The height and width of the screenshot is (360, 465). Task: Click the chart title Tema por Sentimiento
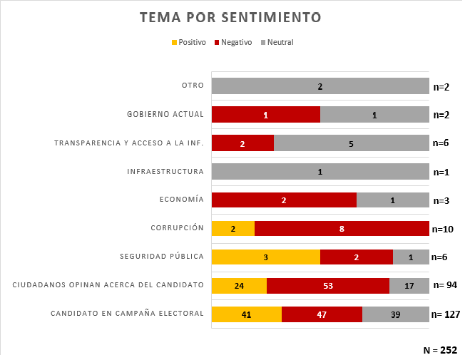[x=230, y=17]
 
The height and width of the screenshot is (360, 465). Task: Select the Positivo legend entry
[x=189, y=42]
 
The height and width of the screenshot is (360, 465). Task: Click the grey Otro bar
[x=320, y=86]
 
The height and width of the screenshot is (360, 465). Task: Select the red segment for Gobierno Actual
[x=265, y=115]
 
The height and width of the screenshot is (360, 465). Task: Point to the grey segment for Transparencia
[x=351, y=143]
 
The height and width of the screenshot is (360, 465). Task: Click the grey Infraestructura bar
[x=320, y=172]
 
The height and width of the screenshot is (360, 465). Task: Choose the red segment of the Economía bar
[x=284, y=200]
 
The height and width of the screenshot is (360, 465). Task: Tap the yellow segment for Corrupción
[x=233, y=229]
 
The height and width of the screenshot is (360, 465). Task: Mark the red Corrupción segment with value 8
[x=342, y=229]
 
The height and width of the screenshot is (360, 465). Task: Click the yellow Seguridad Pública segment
[x=265, y=257]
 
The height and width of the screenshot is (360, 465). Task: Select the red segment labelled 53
[x=328, y=285]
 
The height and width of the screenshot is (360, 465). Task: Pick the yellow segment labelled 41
[x=247, y=314]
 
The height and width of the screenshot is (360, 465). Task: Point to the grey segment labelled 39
[x=396, y=314]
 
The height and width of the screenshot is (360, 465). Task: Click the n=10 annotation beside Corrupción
[x=443, y=230]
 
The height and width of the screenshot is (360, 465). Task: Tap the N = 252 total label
[x=440, y=350]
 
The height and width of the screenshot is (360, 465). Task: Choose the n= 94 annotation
[x=444, y=285]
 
